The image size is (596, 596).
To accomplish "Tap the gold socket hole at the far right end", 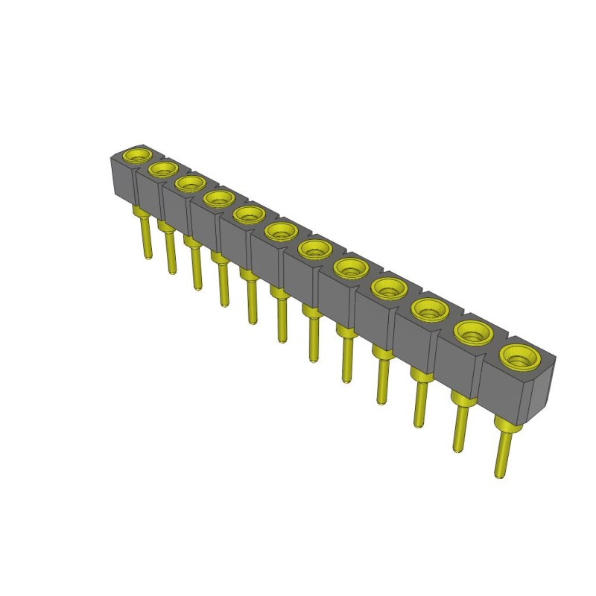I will pos(516,358).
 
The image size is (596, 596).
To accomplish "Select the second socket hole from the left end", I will pos(162,169).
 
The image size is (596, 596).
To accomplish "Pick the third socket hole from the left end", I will pos(189,183).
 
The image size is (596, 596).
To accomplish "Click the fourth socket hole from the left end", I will pos(217,197).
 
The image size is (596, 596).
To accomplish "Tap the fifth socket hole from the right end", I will pos(349,267).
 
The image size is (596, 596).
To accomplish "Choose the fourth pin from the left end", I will pos(223,287).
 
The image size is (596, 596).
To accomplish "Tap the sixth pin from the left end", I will pos(282,320).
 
